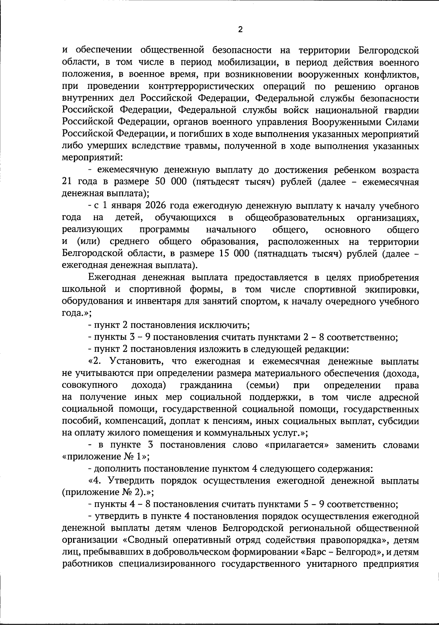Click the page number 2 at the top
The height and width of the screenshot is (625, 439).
tap(240, 30)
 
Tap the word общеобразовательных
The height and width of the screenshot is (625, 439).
tap(295, 218)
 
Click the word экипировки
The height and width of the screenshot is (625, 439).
tap(393, 289)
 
